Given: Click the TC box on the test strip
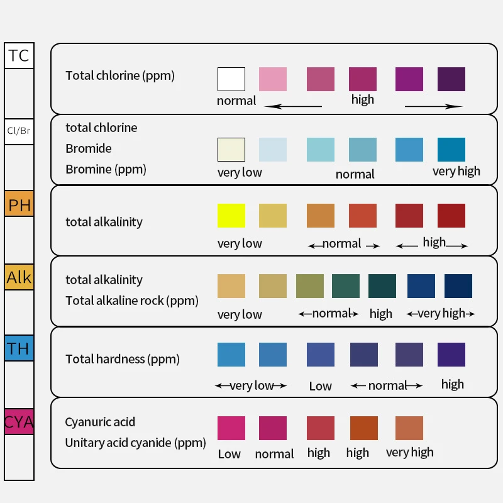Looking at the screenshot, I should (x=19, y=55).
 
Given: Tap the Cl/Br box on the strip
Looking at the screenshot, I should (x=19, y=131).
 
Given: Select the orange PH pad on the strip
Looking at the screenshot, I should (x=19, y=204).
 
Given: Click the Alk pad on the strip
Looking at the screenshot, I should (x=19, y=277).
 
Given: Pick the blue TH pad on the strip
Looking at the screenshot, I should (x=19, y=348).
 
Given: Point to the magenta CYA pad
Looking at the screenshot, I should (x=19, y=421).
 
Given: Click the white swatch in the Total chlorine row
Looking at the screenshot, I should (x=231, y=79).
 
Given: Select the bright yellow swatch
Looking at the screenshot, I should (x=231, y=216).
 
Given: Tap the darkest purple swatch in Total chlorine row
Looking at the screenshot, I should (x=451, y=79).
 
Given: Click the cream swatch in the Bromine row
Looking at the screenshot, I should (x=231, y=150).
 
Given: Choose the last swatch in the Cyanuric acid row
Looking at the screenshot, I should (x=409, y=428).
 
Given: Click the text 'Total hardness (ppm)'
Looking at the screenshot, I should (x=123, y=359).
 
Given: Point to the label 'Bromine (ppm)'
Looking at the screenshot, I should (x=106, y=169).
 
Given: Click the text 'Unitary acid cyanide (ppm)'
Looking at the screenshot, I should (x=135, y=443).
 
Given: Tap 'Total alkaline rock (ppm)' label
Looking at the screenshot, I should (x=132, y=301).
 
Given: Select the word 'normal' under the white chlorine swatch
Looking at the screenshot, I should (x=236, y=101).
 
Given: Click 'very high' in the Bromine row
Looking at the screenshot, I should (x=456, y=171).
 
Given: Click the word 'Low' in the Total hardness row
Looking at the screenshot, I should (x=320, y=386).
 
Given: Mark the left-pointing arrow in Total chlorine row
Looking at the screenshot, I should (x=293, y=106).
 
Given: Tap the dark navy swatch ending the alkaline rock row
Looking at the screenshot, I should (x=458, y=286).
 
